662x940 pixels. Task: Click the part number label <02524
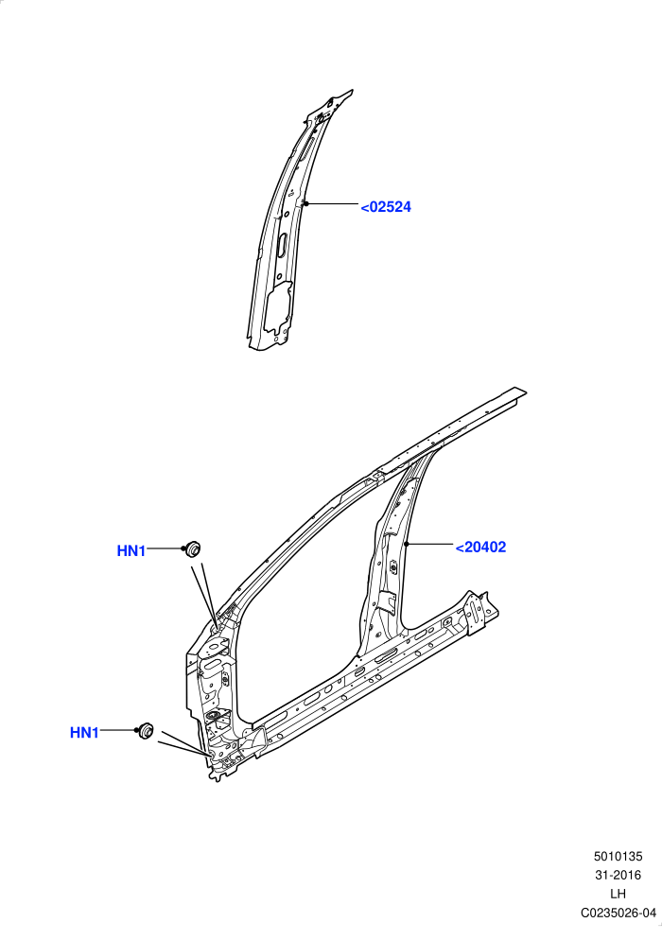click(x=386, y=207)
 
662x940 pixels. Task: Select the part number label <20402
click(x=480, y=548)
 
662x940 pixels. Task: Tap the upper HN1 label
click(x=131, y=551)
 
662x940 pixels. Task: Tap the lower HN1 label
click(x=84, y=733)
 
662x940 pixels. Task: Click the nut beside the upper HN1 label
click(x=193, y=548)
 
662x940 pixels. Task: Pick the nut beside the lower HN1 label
click(x=146, y=731)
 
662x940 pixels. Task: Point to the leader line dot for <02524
click(x=305, y=204)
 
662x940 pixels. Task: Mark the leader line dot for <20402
click(x=407, y=545)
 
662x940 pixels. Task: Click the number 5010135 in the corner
click(x=618, y=857)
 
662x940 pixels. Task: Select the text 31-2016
click(x=618, y=876)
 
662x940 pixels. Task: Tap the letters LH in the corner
click(x=618, y=894)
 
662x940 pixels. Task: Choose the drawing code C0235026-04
click(x=618, y=913)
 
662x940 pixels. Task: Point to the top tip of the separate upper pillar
click(x=352, y=91)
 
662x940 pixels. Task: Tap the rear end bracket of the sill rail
click(x=478, y=610)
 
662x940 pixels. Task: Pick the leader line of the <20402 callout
click(x=429, y=545)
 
